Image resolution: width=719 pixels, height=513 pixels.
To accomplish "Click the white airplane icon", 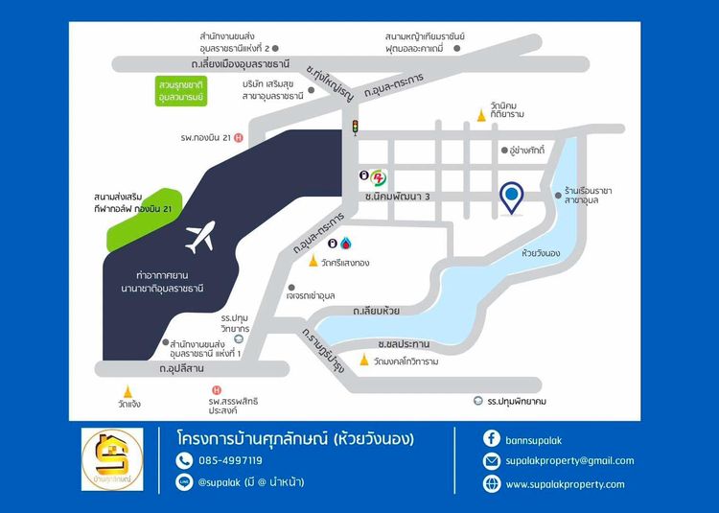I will point(200,237).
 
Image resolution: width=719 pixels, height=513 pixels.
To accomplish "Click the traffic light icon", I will point(355,127).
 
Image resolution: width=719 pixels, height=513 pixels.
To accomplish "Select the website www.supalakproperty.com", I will point(565,484).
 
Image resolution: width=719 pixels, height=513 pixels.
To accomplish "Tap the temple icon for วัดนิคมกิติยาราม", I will point(482,116).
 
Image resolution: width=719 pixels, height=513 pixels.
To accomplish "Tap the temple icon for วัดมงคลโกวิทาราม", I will point(364,361).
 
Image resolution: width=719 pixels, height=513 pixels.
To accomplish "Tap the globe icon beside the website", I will point(492,484).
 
